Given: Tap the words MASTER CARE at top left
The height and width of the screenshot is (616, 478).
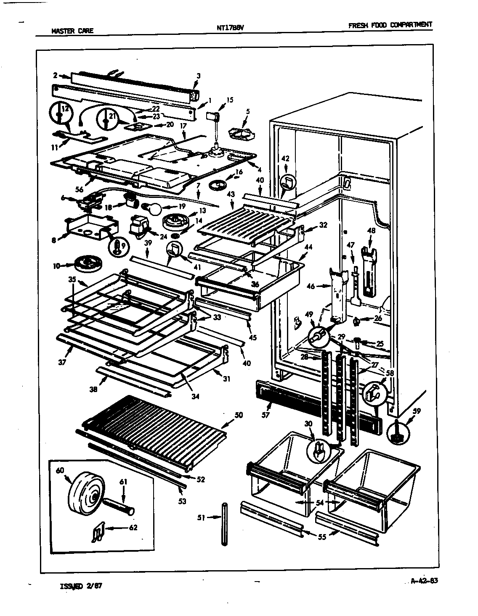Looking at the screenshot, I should [72, 30].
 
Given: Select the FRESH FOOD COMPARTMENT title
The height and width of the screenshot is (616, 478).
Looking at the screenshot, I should [390, 25].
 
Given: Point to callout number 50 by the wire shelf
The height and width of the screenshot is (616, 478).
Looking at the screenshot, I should [238, 415].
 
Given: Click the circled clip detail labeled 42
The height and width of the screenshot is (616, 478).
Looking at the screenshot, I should [288, 182].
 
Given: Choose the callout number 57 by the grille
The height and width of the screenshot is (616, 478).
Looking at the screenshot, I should [265, 415].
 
